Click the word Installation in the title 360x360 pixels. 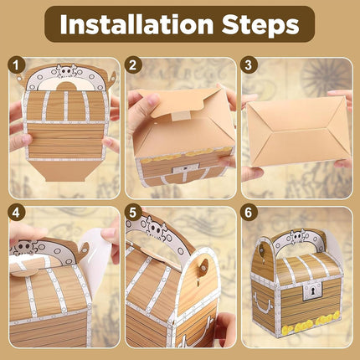[x=136, y=24]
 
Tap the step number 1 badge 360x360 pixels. [x=17, y=66]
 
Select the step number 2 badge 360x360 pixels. [x=133, y=66]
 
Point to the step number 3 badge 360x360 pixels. [x=248, y=66]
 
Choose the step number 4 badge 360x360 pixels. [x=17, y=213]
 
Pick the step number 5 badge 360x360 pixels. [x=133, y=213]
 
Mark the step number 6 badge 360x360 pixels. [x=248, y=213]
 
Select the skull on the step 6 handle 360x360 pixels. [x=297, y=237]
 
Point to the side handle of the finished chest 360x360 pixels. [x=262, y=302]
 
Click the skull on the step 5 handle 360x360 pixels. [x=156, y=230]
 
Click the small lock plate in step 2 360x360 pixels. [x=185, y=168]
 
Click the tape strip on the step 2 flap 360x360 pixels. [x=179, y=115]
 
